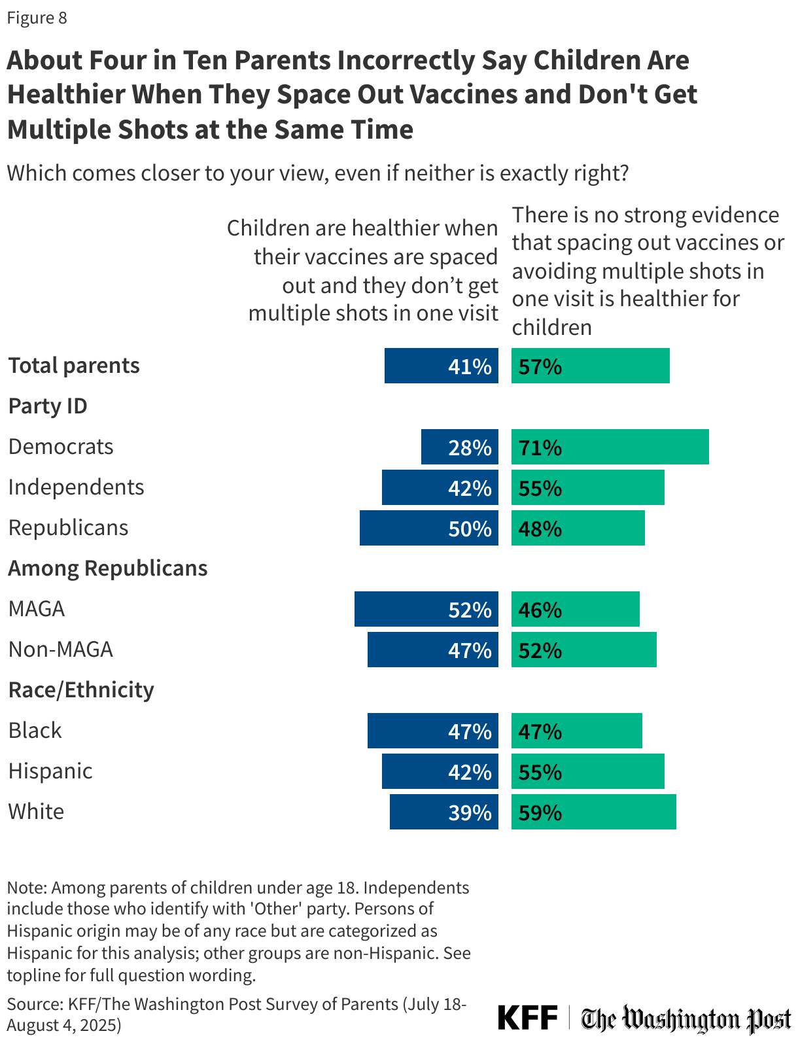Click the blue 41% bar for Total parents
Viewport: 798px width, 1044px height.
click(x=441, y=366)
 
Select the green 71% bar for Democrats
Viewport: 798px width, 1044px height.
click(x=610, y=447)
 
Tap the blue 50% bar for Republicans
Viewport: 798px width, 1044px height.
click(x=428, y=528)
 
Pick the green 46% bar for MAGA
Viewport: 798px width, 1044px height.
click(x=575, y=609)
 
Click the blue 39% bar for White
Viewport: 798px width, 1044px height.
click(x=443, y=812)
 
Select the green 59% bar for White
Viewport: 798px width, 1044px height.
click(x=593, y=812)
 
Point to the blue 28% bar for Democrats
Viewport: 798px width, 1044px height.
click(x=459, y=447)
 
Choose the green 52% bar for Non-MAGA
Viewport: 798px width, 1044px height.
click(x=583, y=650)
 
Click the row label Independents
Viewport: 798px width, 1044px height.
click(x=76, y=487)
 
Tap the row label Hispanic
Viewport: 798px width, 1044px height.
click(x=50, y=771)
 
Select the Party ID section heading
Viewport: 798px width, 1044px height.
click(x=48, y=406)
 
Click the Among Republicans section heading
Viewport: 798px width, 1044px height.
click(x=108, y=568)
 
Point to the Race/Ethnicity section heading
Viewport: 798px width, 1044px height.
click(x=81, y=690)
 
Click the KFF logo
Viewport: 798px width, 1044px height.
click(x=527, y=1018)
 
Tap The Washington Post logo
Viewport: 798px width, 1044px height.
click(x=685, y=1019)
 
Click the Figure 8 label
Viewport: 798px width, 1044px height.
click(x=37, y=18)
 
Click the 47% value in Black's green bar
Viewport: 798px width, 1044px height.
click(x=540, y=731)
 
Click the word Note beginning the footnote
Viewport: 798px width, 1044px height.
click(x=26, y=888)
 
